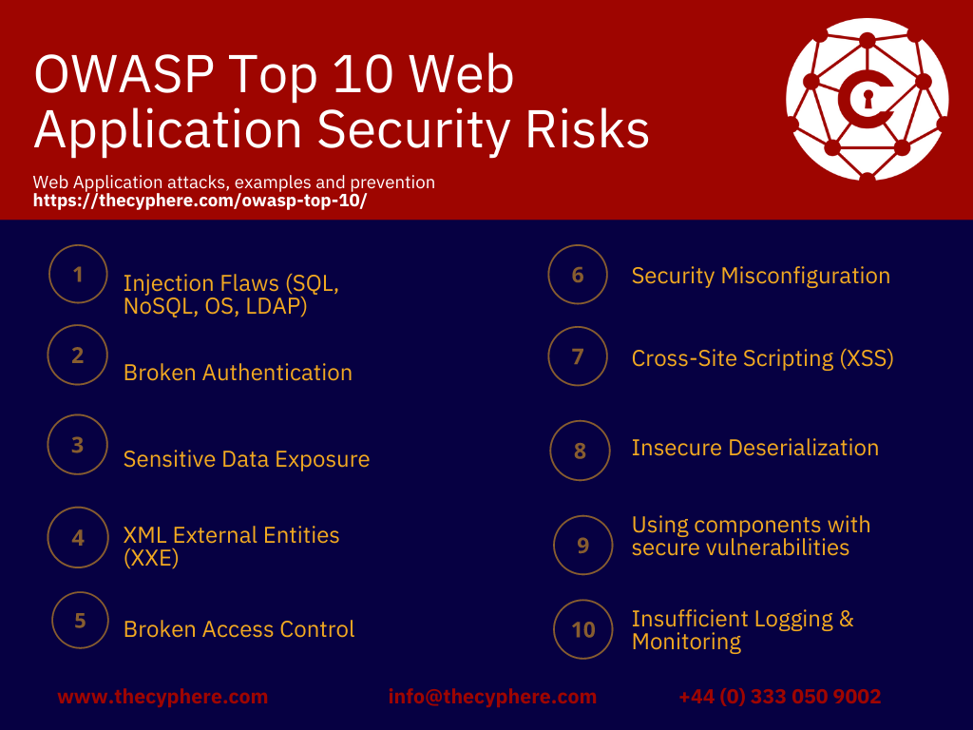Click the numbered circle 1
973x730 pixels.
tap(78, 275)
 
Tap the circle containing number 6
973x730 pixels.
tap(578, 275)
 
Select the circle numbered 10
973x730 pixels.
tap(583, 629)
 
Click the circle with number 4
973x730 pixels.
tap(78, 537)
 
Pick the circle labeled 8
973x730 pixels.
tap(580, 451)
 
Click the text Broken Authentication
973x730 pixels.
tap(238, 373)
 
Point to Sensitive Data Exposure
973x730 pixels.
tap(246, 459)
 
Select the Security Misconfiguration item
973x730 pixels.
tap(760, 276)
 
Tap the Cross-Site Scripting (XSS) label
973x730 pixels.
tap(762, 358)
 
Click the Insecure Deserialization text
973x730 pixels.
tap(754, 448)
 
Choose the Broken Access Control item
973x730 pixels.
tap(238, 629)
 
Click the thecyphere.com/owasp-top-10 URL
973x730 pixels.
tap(200, 202)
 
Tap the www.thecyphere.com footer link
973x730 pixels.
tap(162, 697)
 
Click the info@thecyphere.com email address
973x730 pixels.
tap(492, 697)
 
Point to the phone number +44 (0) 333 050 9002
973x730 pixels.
tap(779, 697)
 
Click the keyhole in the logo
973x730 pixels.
tap(867, 98)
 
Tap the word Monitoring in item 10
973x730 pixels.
tap(686, 642)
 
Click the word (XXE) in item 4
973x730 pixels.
tap(151, 558)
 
